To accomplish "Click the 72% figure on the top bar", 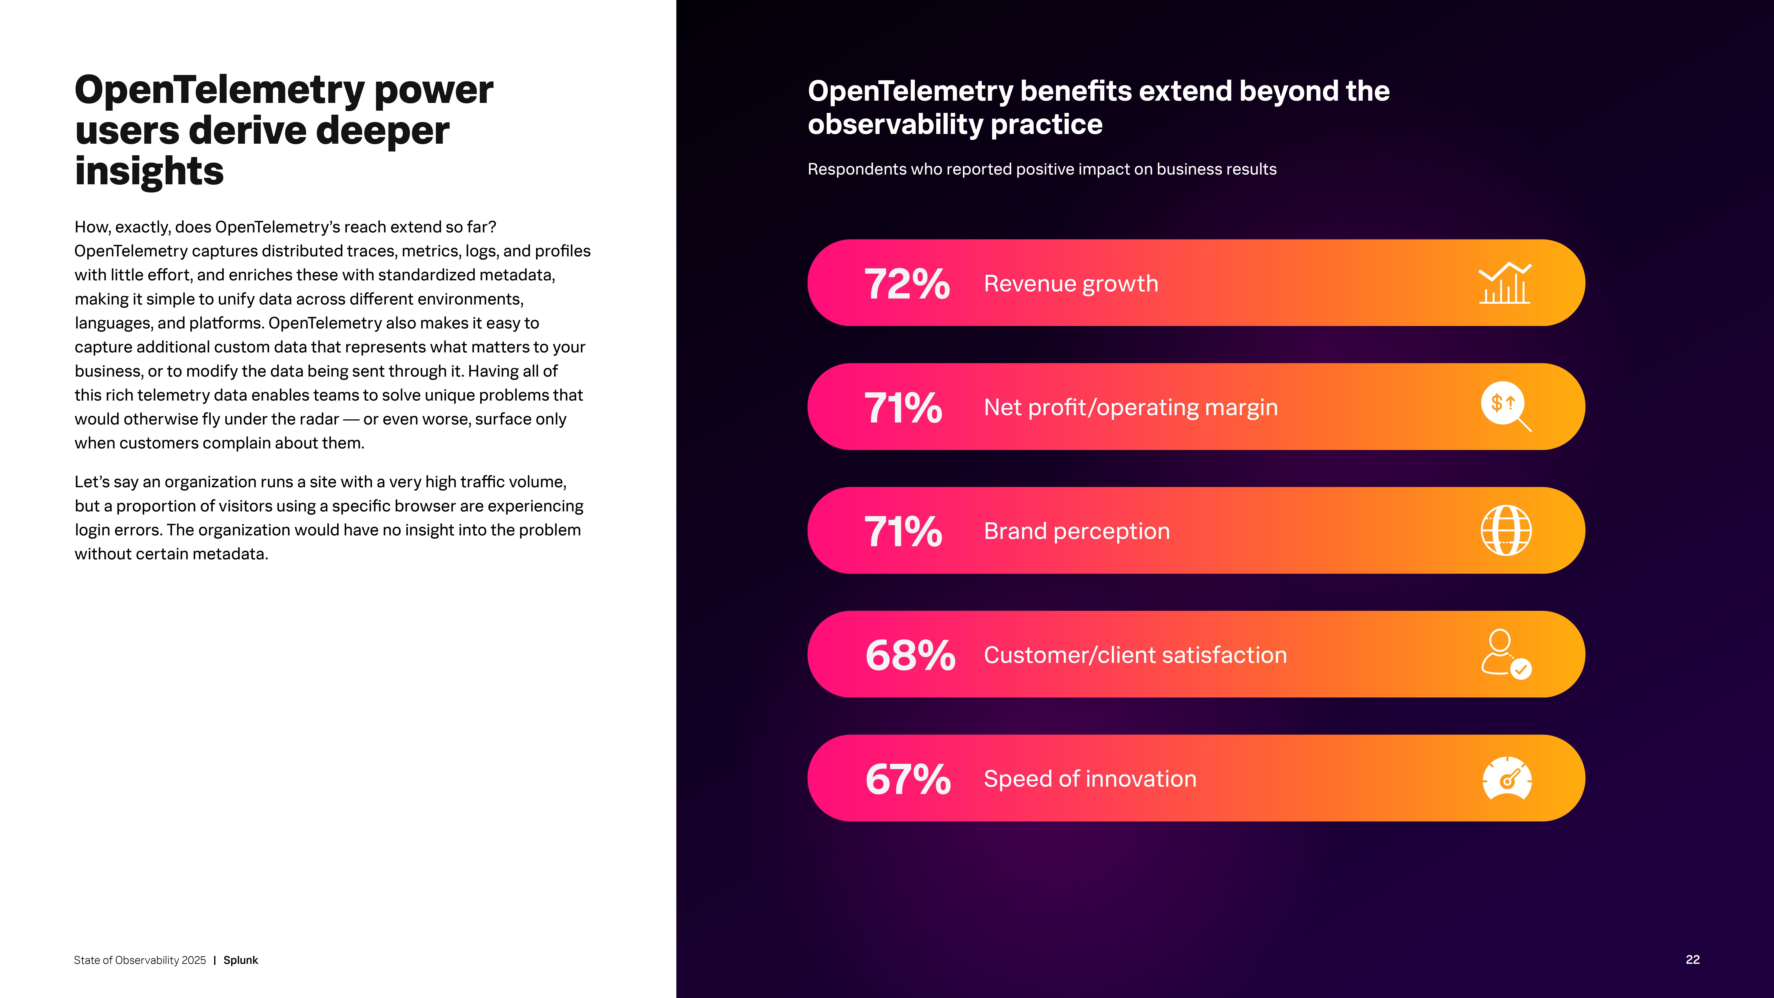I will [x=907, y=284].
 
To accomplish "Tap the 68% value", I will [x=910, y=655].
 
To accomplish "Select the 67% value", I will [x=908, y=779].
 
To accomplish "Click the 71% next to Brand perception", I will [x=903, y=532].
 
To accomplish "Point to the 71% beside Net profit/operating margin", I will [x=903, y=408].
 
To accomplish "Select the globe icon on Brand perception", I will [x=1506, y=530].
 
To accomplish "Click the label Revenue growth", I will [x=1071, y=284].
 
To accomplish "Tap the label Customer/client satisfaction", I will [x=1135, y=655].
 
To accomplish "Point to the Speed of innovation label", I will [x=1089, y=779].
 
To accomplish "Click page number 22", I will [x=1692, y=959].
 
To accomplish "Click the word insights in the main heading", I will [x=149, y=171].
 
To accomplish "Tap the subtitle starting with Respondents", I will [x=1041, y=169].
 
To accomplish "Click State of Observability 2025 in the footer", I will [x=140, y=960].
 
